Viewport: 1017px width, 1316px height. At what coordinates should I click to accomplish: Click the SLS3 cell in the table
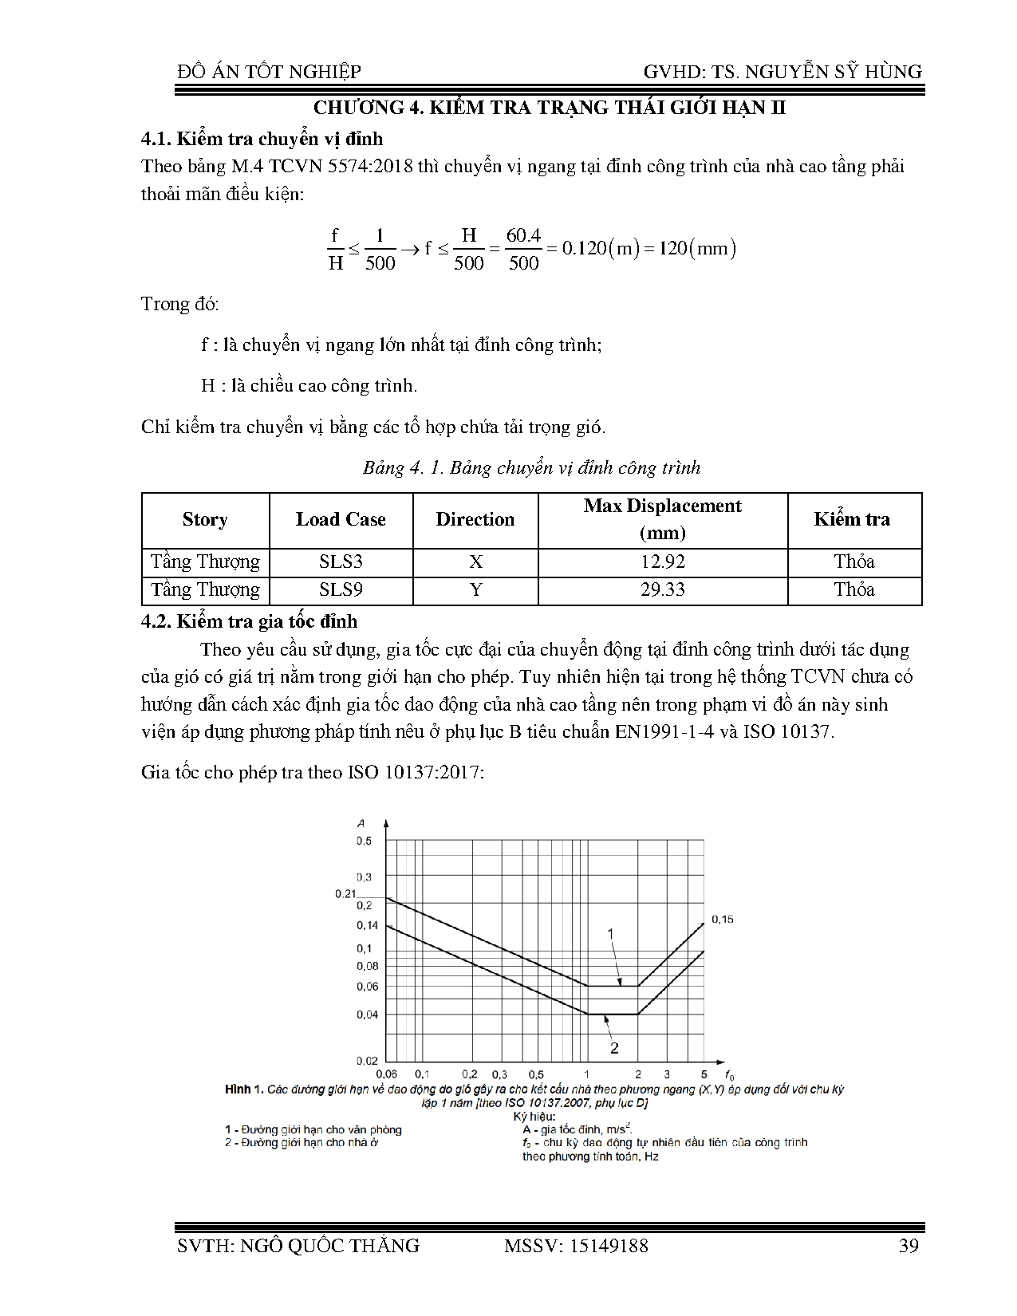pos(341,561)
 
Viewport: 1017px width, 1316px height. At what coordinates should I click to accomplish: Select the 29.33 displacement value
pos(663,590)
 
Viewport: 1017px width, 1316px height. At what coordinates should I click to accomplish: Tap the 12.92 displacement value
pos(663,561)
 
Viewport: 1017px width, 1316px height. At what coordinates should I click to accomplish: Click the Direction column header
pos(475,519)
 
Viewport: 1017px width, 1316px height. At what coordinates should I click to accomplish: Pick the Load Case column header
pos(341,519)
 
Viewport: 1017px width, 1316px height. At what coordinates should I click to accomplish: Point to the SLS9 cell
pos(341,590)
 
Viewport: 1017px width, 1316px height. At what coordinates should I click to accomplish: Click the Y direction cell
pos(476,590)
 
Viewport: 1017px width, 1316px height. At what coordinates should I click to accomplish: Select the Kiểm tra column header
pos(852,519)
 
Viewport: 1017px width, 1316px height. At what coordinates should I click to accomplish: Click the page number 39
pos(909,1246)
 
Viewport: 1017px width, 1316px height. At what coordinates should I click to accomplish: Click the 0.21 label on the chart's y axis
pos(345,894)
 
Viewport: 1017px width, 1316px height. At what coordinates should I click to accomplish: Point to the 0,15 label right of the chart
pos(722,920)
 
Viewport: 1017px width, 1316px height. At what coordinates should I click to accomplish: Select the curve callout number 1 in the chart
pos(611,932)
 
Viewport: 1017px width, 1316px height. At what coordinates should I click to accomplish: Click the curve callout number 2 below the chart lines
pos(615,1046)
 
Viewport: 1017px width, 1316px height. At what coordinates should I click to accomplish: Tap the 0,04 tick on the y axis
pos(367,1015)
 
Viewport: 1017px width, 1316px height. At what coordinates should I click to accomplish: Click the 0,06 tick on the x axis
pos(387,1074)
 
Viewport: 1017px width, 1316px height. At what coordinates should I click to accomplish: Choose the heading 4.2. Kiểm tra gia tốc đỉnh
pos(250,621)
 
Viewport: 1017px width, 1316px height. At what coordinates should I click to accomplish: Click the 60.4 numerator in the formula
pos(523,235)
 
